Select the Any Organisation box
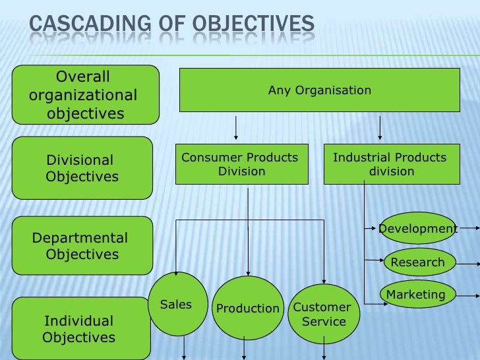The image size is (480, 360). click(320, 90)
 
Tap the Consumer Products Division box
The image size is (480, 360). click(241, 164)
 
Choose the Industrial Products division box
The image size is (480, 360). click(391, 164)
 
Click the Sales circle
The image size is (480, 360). click(176, 305)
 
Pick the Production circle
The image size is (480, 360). click(248, 309)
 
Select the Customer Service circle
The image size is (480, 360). click(322, 315)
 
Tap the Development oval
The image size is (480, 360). click(417, 228)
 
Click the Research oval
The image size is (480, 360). click(419, 262)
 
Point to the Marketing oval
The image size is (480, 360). click(416, 295)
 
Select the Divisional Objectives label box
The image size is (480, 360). click(82, 168)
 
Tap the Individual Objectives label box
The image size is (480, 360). click(79, 329)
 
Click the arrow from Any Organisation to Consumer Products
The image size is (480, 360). click(236, 129)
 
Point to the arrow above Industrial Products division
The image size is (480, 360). click(380, 129)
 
